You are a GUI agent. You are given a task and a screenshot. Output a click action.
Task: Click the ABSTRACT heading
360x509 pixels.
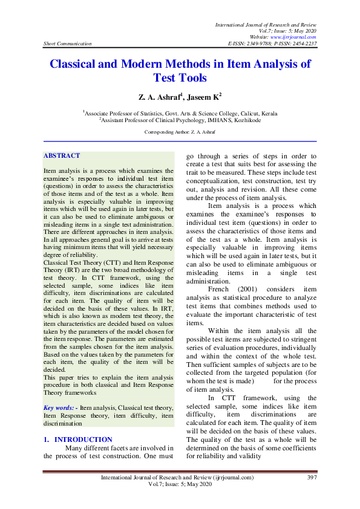[62, 156]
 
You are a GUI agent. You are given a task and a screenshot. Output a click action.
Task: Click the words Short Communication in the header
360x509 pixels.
[68, 44]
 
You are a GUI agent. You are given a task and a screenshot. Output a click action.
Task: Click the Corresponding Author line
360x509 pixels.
[180, 132]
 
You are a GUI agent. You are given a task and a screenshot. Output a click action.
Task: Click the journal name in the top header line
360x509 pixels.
[266, 24]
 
